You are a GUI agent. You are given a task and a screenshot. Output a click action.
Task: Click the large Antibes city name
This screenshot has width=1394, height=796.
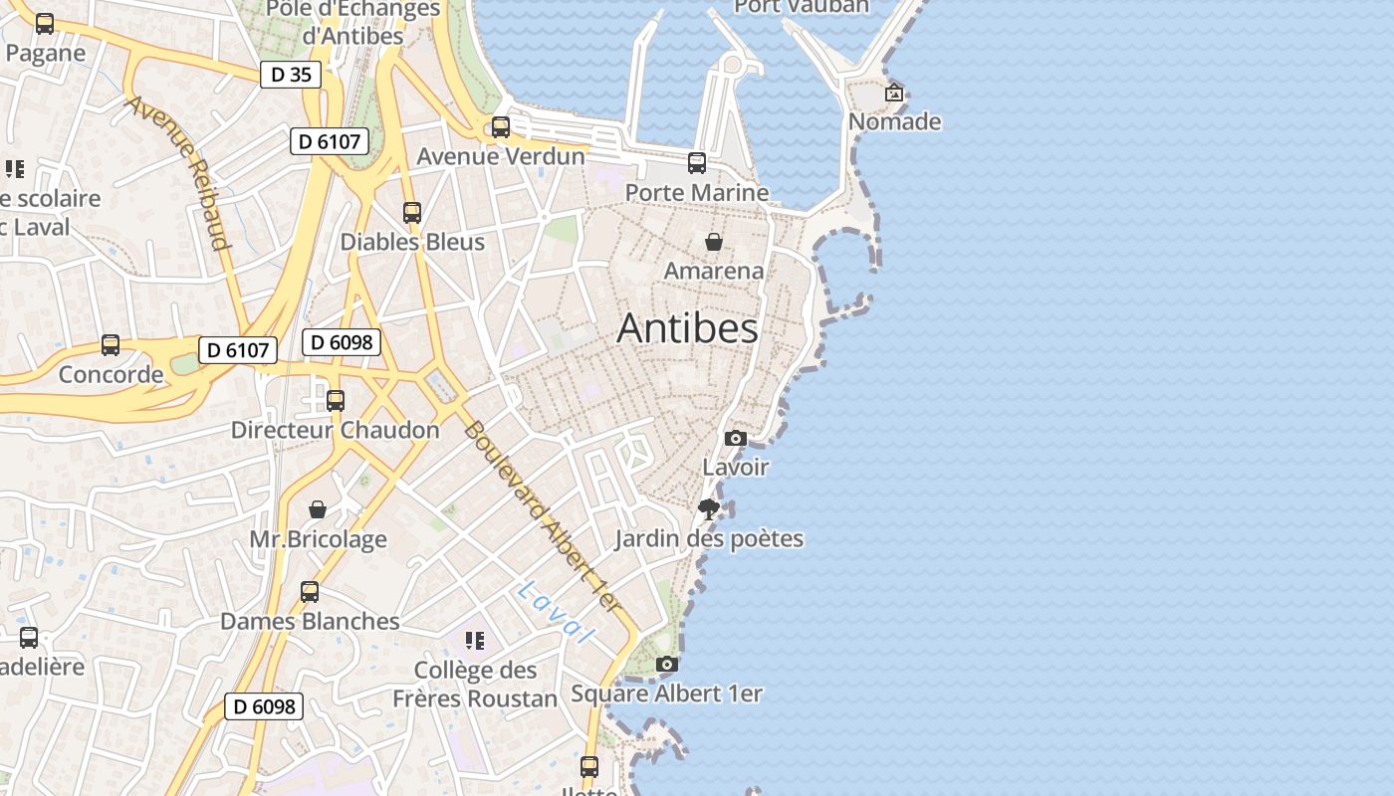coord(687,328)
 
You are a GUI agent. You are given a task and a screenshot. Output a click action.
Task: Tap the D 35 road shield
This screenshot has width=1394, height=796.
coord(291,75)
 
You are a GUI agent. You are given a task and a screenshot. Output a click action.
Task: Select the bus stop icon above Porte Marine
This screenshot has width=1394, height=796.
coord(697,163)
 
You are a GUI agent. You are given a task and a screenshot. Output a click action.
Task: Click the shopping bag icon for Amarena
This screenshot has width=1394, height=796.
coord(714,241)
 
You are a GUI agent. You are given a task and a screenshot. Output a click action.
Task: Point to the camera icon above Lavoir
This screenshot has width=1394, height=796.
coord(736,438)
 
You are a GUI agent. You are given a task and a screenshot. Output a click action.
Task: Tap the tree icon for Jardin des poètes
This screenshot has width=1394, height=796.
coord(709,510)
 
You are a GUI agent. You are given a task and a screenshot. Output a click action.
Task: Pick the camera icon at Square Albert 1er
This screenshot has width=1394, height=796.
coord(667,664)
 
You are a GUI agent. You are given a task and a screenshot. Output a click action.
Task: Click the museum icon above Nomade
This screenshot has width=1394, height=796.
coord(894,93)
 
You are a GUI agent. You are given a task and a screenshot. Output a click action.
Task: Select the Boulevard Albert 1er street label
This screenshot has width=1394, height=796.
coord(543,517)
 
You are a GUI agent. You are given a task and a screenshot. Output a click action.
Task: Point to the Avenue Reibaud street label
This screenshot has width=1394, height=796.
coord(179,172)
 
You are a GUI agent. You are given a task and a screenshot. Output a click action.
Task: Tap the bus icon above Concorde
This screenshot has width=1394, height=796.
coord(111,345)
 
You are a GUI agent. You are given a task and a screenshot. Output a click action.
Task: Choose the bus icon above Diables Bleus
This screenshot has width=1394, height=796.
coord(412,212)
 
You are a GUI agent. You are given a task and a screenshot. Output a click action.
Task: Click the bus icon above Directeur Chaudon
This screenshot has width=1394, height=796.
coord(336,401)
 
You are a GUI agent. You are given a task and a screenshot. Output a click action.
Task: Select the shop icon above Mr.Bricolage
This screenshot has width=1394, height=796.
coord(318,510)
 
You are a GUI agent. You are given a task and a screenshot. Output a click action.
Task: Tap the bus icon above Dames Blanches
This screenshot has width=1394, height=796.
coord(310,592)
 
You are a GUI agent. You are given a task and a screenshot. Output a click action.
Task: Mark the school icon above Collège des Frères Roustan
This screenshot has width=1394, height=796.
coord(475,640)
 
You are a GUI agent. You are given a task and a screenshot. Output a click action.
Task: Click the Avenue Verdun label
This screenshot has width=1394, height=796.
coord(501,156)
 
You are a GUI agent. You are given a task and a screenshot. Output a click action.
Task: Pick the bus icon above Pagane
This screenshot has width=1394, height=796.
coord(45,24)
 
